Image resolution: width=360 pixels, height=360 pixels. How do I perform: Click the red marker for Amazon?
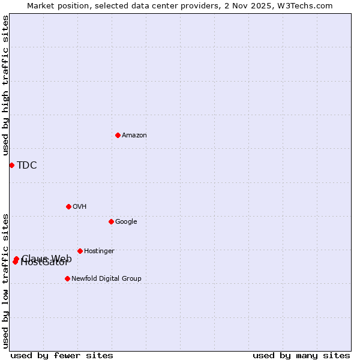coord(118,135)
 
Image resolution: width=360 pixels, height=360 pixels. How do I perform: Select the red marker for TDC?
coord(11,165)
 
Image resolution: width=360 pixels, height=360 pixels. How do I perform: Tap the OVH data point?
coord(68,206)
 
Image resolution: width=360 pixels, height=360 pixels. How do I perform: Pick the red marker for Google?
coord(111,221)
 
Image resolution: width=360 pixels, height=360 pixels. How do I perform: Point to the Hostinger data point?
coord(80,251)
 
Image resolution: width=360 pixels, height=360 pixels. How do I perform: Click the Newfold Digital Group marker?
coord(67,278)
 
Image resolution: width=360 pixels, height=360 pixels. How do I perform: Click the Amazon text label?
coord(134,135)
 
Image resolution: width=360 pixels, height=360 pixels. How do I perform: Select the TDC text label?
coord(27,166)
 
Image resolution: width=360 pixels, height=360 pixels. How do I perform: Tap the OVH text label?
coord(80,206)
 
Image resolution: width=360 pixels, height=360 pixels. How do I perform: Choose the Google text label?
coord(126,221)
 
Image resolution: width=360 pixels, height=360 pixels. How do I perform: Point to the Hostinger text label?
coord(99,251)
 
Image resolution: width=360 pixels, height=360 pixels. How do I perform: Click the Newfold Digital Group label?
coord(106,278)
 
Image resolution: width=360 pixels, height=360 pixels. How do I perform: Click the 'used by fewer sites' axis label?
coord(62,355)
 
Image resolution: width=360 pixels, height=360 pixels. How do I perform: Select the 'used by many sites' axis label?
coord(301,355)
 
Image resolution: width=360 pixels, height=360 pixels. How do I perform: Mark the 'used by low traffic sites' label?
coord(5,280)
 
